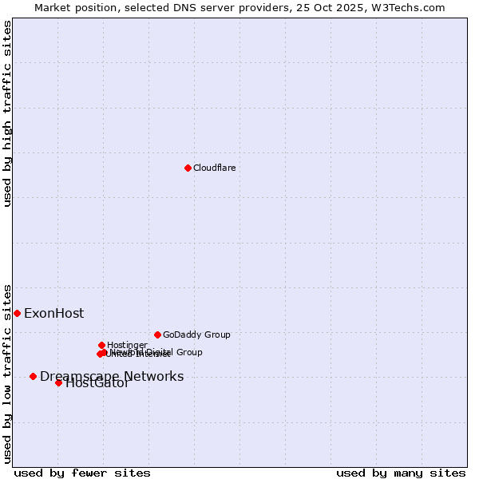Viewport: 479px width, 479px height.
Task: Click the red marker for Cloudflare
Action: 188,168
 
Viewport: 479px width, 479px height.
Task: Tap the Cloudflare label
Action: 214,168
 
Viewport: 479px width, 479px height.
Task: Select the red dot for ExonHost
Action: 17,313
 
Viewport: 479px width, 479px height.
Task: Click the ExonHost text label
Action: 53,313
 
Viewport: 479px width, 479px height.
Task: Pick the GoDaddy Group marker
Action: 157,335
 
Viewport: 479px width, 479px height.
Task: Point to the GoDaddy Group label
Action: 196,335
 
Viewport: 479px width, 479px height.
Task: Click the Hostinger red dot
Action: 101,345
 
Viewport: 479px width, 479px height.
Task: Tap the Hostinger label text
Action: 127,345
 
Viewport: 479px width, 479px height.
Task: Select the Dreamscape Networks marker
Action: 33,376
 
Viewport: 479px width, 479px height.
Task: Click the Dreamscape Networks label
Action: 112,376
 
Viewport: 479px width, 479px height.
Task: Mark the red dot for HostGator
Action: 58,382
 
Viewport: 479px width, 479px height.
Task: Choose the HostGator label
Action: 97,383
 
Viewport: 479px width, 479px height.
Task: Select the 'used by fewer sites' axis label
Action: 82,473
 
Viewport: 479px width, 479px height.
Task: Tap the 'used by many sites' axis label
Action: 401,473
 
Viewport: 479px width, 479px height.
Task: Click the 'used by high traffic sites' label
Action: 7,113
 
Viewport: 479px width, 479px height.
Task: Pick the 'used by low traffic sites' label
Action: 7,373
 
